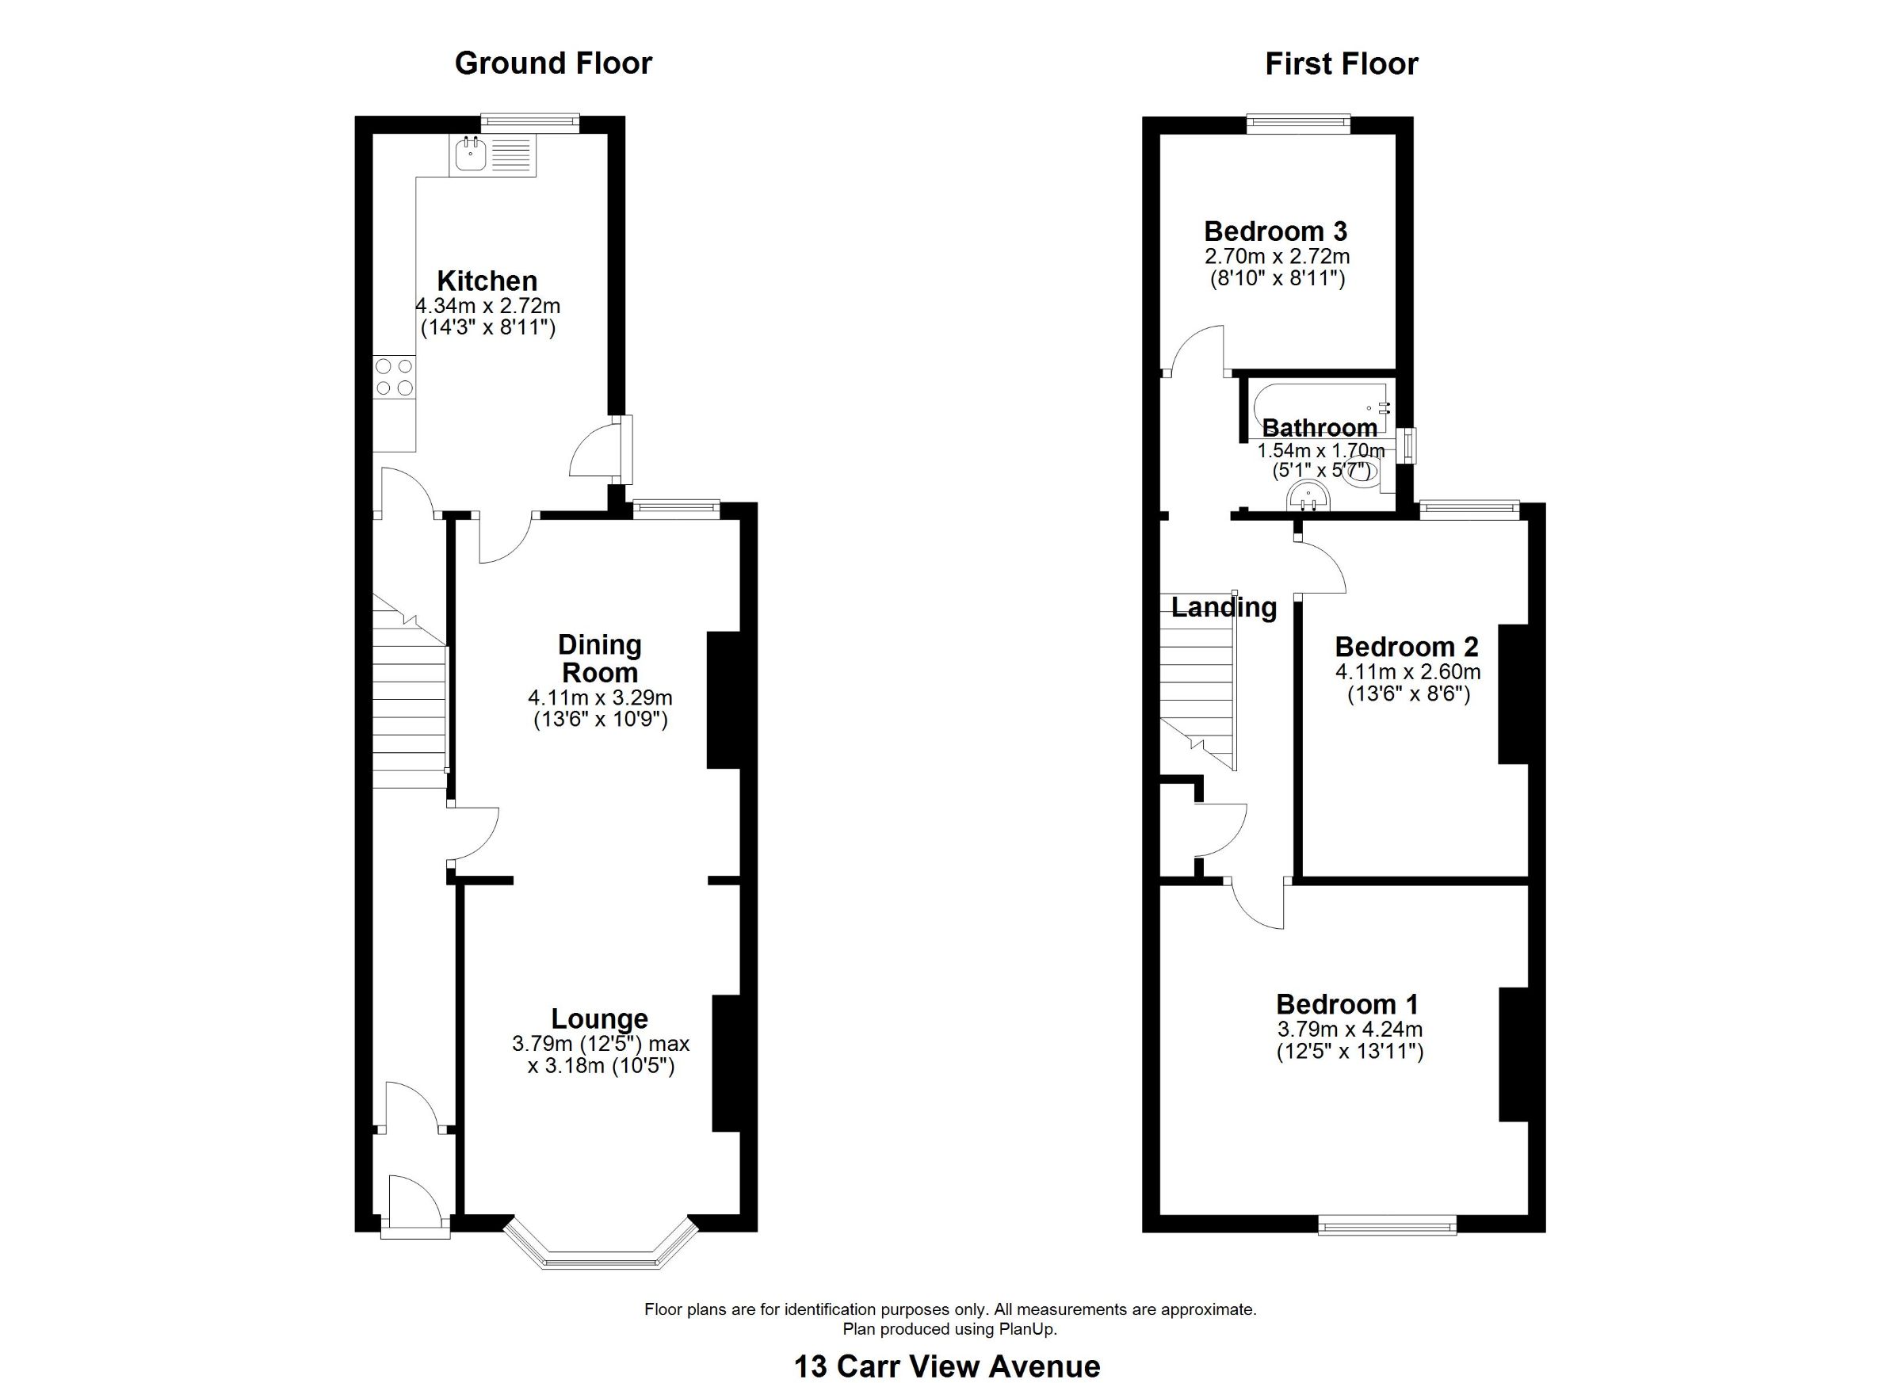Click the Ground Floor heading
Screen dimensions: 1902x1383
click(552, 63)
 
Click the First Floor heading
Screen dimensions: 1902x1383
click(1341, 63)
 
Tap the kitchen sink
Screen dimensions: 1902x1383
click(492, 156)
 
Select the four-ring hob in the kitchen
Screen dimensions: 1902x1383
click(394, 376)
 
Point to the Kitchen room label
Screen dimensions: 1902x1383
click(487, 281)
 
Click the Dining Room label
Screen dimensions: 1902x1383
click(600, 659)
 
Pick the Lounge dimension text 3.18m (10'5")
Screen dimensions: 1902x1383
click(602, 1066)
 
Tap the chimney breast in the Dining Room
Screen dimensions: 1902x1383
click(724, 700)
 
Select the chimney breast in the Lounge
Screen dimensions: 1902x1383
click(726, 1064)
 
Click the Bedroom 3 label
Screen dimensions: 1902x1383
click(1276, 231)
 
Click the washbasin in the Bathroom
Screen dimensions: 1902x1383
click(1307, 495)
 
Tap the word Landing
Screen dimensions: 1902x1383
click(1224, 607)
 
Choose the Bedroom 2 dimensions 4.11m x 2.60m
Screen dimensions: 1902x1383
click(1407, 672)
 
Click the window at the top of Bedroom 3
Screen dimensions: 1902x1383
click(1298, 124)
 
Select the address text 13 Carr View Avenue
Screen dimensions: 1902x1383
click(947, 1366)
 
